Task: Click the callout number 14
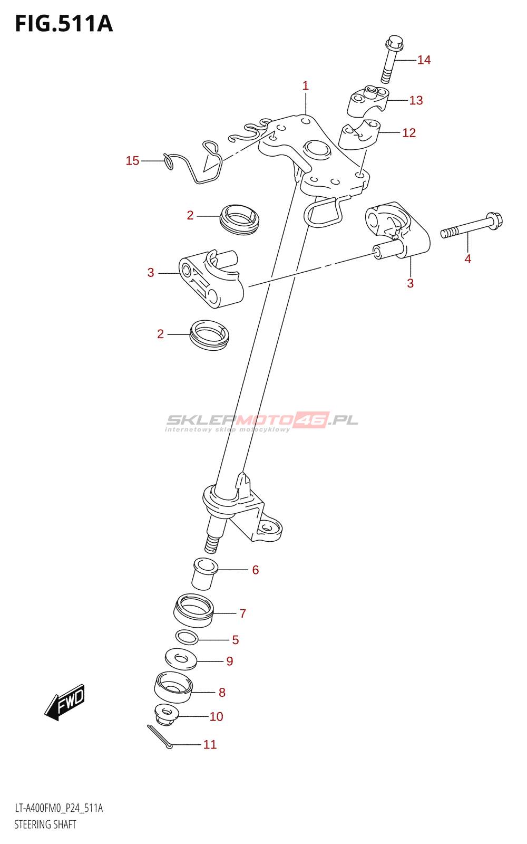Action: (424, 60)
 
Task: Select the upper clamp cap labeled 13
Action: (367, 102)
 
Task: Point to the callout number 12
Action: (409, 133)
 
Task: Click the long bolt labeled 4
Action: (472, 226)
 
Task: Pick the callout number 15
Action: (132, 161)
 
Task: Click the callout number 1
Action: (305, 85)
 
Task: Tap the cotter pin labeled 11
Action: (160, 736)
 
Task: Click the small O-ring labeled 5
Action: (187, 637)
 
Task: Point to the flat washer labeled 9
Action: (181, 659)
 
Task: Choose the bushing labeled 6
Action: (204, 573)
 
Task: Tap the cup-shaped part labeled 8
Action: (173, 687)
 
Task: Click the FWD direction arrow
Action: (65, 702)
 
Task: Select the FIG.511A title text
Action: (64, 24)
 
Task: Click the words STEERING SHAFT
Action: (45, 824)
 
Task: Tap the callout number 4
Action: (467, 258)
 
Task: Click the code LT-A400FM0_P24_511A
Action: (58, 808)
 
